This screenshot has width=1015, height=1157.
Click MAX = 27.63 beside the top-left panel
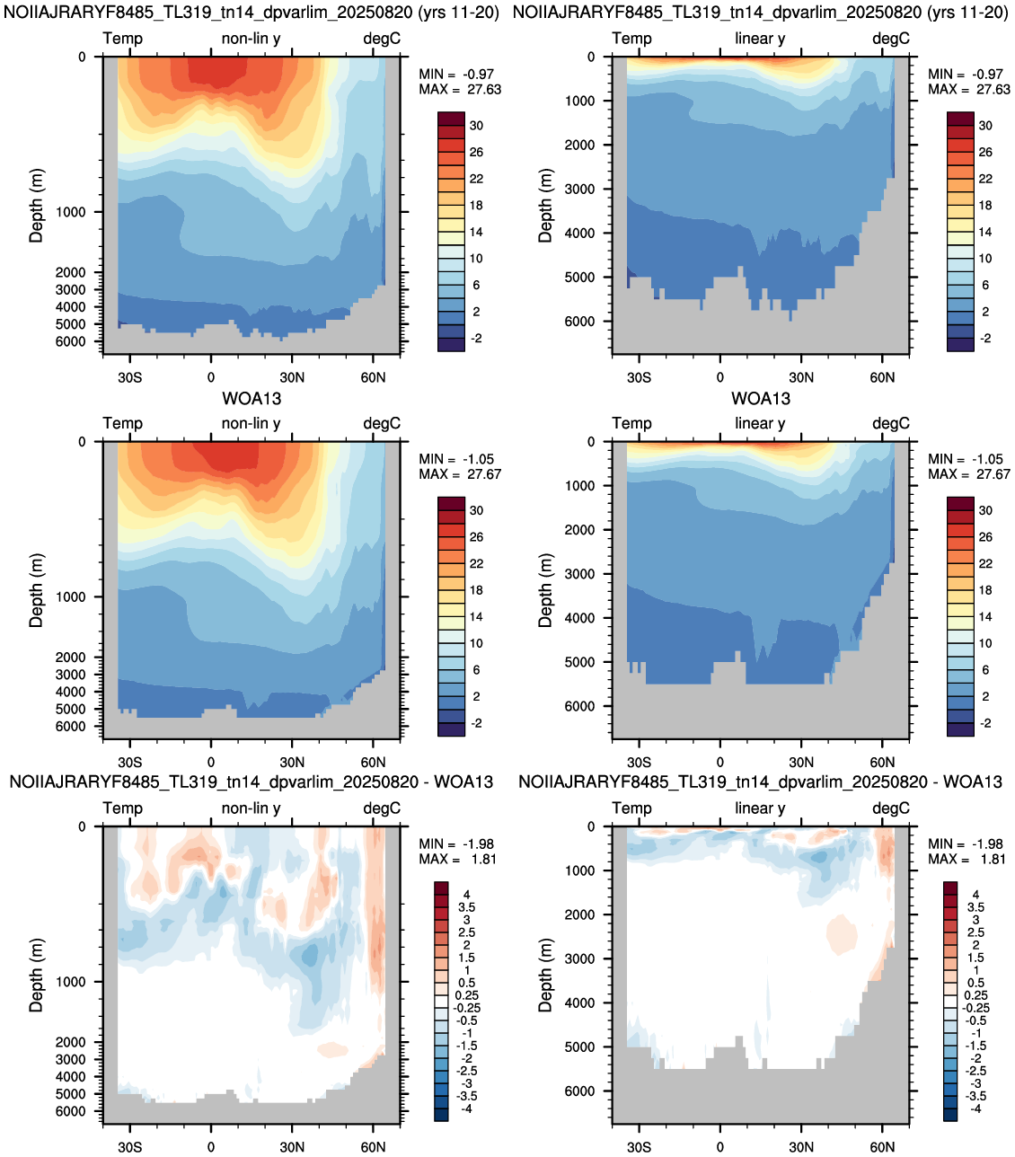(460, 90)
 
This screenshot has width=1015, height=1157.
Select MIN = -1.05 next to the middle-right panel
(968, 459)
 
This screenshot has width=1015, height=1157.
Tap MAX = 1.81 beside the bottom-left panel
(457, 860)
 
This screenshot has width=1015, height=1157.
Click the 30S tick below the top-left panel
(129, 377)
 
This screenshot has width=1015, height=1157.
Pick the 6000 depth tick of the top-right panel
(579, 322)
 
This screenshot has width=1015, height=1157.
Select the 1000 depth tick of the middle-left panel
(71, 596)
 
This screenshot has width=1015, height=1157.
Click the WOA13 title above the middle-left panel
(252, 398)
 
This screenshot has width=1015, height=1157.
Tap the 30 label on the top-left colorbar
(476, 126)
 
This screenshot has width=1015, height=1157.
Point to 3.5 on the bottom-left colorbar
(466, 907)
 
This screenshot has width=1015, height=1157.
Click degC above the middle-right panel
(891, 424)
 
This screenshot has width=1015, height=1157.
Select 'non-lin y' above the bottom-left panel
(252, 808)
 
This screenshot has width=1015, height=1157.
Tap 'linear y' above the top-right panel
(760, 39)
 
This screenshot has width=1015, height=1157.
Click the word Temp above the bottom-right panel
(631, 808)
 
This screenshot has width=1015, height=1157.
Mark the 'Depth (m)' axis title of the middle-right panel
(545, 590)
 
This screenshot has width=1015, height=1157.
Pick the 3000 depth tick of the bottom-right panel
(579, 958)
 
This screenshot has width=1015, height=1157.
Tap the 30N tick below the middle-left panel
(292, 762)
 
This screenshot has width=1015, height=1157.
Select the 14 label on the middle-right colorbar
(985, 617)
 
